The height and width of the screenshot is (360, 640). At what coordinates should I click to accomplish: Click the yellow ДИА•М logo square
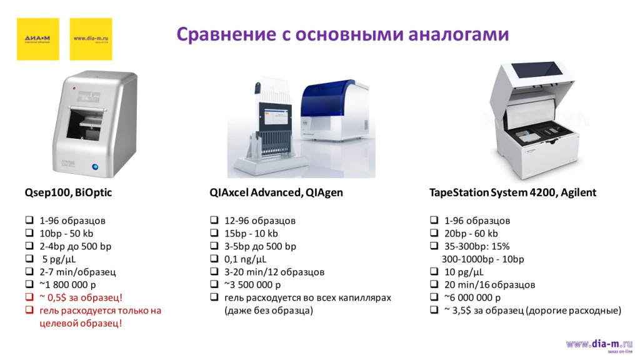37,39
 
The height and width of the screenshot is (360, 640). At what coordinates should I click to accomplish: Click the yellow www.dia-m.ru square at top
91,39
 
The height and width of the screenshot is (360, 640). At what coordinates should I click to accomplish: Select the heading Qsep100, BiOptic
68,192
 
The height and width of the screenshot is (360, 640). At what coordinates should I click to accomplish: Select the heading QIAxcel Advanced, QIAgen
276,192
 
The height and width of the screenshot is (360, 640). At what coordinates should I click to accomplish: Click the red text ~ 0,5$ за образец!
81,297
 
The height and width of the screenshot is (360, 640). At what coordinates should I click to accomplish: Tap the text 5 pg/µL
58,259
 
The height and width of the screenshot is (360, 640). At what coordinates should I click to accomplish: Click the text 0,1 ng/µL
245,259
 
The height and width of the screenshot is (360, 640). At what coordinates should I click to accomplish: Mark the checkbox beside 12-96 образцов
214,221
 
